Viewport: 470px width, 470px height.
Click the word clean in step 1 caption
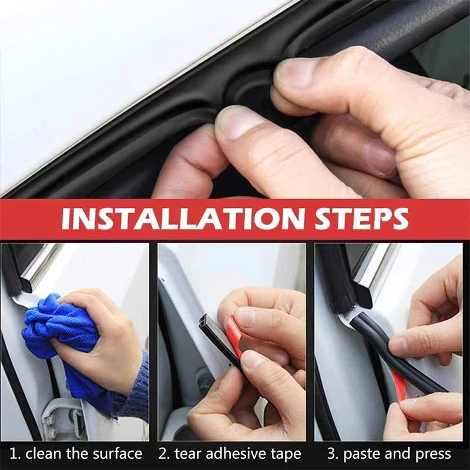coord(45,454)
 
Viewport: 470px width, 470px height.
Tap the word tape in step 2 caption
coord(284,454)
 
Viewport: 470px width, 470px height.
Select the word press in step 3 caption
coord(432,454)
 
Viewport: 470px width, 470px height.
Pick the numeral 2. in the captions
coord(164,454)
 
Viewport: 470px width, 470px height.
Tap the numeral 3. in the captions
coord(333,454)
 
